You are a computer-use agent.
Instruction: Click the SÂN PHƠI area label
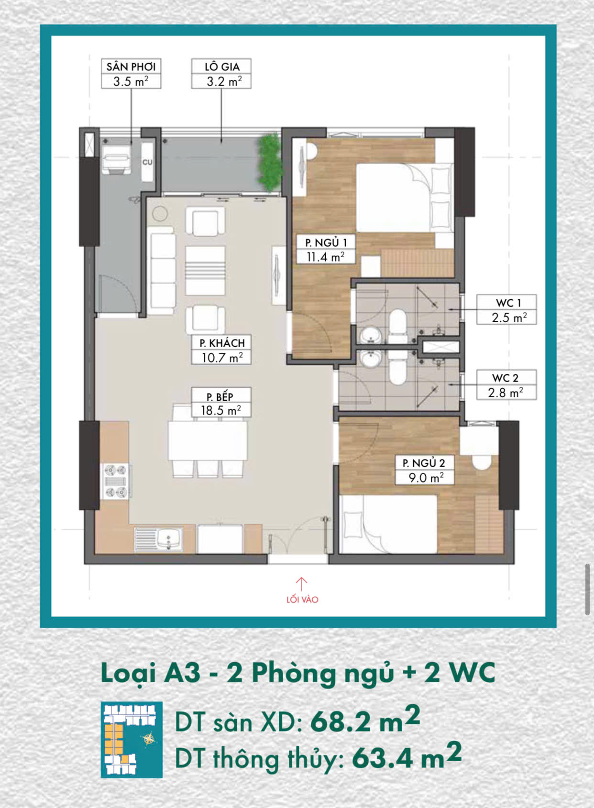pyautogui.click(x=131, y=74)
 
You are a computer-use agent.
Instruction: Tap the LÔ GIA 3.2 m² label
pyautogui.click(x=221, y=74)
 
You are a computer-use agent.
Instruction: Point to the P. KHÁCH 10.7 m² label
pyautogui.click(x=221, y=350)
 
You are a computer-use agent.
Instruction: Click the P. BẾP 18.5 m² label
pyautogui.click(x=221, y=403)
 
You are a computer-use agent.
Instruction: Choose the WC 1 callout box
pyautogui.click(x=506, y=309)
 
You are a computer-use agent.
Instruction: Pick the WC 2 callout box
pyautogui.click(x=506, y=385)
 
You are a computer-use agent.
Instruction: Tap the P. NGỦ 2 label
pyautogui.click(x=424, y=470)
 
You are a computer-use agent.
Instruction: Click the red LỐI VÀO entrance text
pyautogui.click(x=302, y=600)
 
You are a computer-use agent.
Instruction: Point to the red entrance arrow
pyautogui.click(x=302, y=584)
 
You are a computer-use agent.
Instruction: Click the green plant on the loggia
pyautogui.click(x=269, y=163)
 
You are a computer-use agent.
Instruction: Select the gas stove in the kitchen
pyautogui.click(x=116, y=481)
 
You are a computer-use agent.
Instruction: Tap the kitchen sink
pyautogui.click(x=159, y=539)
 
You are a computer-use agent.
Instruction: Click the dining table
pyautogui.click(x=208, y=441)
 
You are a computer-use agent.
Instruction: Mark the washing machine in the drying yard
pyautogui.click(x=117, y=159)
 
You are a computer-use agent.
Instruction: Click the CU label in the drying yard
pyautogui.click(x=147, y=163)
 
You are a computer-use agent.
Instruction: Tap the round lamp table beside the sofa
pyautogui.click(x=160, y=214)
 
